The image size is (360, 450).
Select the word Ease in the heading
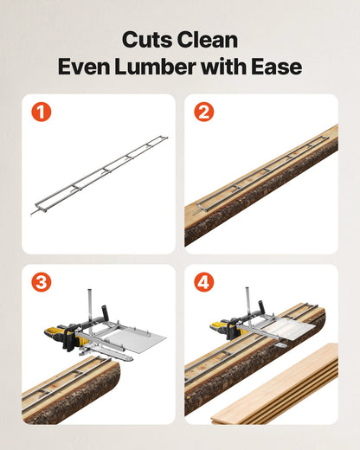click(277, 67)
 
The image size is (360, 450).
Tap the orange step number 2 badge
click(203, 112)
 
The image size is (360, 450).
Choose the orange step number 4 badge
click(203, 281)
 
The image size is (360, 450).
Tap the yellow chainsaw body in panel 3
click(59, 337)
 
